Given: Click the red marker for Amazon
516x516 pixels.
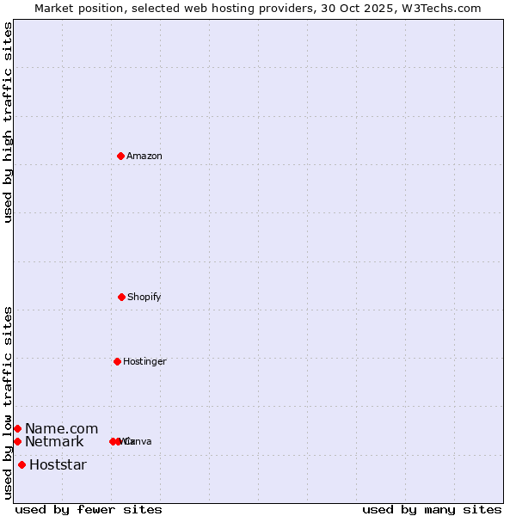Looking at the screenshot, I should pyautogui.click(x=120, y=156).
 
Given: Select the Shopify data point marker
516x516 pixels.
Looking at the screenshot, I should pyautogui.click(x=121, y=297).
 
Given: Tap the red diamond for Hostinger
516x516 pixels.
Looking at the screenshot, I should pyautogui.click(x=117, y=361).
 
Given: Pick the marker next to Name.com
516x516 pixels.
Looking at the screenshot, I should pyautogui.click(x=17, y=428).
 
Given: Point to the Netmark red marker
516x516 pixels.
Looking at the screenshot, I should pyautogui.click(x=17, y=441).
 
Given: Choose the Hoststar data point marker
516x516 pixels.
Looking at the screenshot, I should pyautogui.click(x=21, y=464).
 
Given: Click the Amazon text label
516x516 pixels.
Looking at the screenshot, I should pyautogui.click(x=144, y=156).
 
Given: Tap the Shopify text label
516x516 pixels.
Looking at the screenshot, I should pyautogui.click(x=144, y=297).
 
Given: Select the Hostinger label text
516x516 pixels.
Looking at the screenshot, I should pyautogui.click(x=144, y=361).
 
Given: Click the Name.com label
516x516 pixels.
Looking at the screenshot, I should pyautogui.click(x=61, y=428).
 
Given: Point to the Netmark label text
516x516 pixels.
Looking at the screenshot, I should pyautogui.click(x=54, y=441).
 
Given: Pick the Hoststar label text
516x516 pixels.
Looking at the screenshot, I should pyautogui.click(x=58, y=464).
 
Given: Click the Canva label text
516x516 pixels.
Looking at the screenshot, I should pyautogui.click(x=138, y=441).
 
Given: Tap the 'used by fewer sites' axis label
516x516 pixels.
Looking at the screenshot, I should pyautogui.click(x=89, y=509).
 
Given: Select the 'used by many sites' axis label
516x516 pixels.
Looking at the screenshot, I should pyautogui.click(x=432, y=509).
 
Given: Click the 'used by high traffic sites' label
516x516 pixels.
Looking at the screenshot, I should pyautogui.click(x=9, y=122).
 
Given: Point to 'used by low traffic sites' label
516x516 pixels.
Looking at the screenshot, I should pyautogui.click(x=9, y=402).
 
